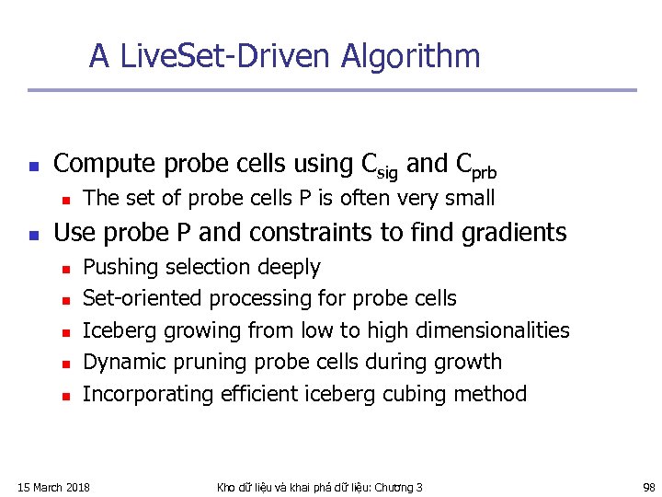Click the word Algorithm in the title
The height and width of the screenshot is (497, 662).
[x=410, y=57]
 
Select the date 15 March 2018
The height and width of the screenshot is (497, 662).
[x=54, y=487]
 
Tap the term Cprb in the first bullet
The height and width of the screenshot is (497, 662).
[x=476, y=166]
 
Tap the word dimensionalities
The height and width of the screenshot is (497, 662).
[x=492, y=330]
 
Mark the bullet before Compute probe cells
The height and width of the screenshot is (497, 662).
[x=32, y=167]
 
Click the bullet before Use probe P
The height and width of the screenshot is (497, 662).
[x=32, y=235]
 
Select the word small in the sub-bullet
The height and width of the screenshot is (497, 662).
[x=470, y=198]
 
